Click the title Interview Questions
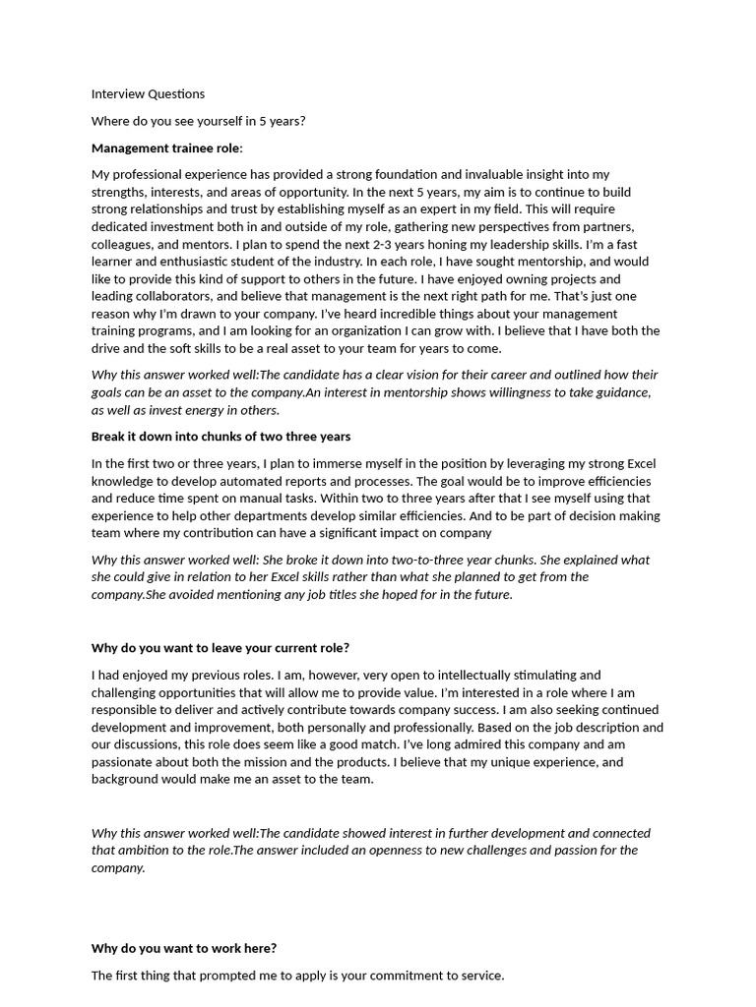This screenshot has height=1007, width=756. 148,94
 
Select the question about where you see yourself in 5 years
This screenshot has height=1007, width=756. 198,121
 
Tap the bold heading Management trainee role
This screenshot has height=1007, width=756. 166,148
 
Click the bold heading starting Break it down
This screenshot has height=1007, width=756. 220,437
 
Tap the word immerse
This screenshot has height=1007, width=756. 329,464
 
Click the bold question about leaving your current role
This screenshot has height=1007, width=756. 220,648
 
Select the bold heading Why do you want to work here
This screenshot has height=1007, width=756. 184,949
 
